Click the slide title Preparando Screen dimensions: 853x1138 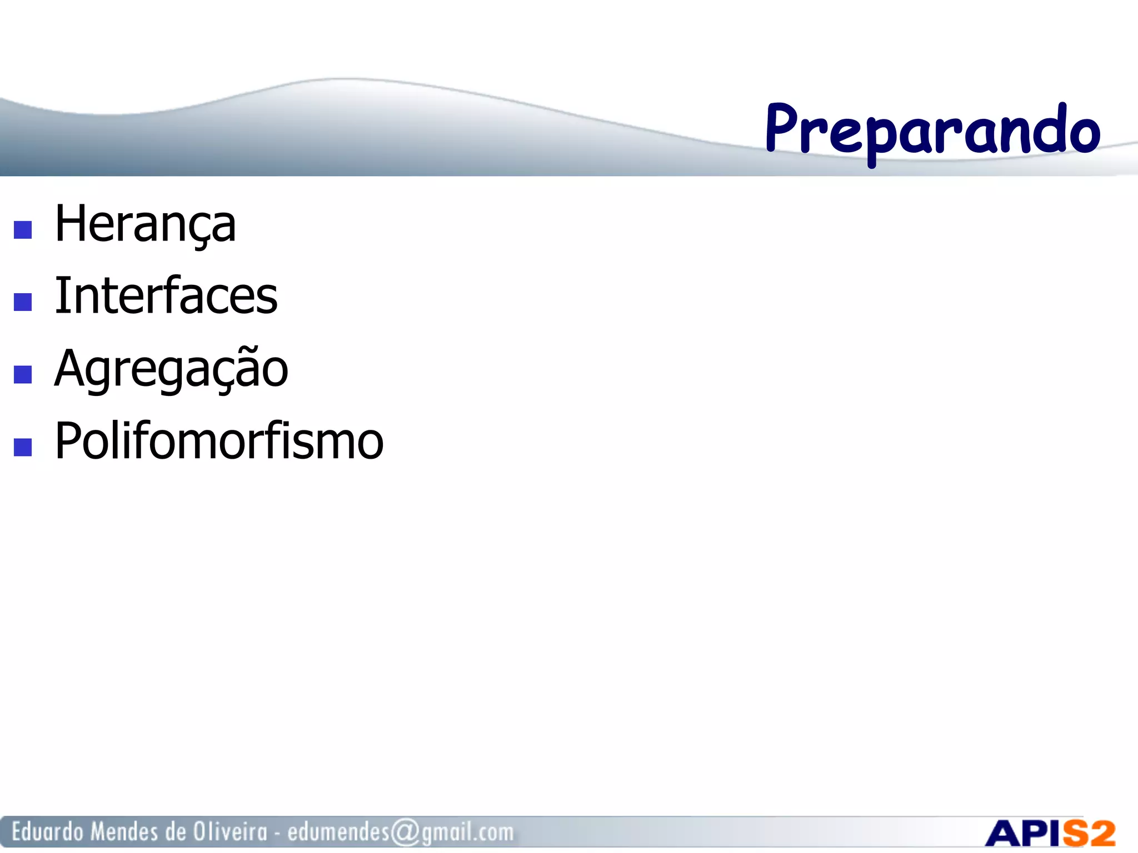click(932, 131)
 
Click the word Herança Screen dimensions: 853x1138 click(146, 224)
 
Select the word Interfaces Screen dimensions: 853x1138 click(166, 296)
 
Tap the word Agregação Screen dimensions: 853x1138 click(171, 369)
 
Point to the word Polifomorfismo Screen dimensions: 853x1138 click(219, 441)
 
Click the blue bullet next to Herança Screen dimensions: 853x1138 click(23, 230)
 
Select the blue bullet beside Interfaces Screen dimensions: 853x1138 click(23, 302)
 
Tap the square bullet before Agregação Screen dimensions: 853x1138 click(23, 374)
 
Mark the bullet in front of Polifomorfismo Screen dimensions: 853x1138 click(23, 447)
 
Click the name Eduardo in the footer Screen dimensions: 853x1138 click(47, 832)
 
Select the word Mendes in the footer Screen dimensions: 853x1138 click(124, 832)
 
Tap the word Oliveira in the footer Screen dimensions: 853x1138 click(230, 832)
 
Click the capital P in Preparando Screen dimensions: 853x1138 click(783, 129)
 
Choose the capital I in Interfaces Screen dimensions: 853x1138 click(62, 296)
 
